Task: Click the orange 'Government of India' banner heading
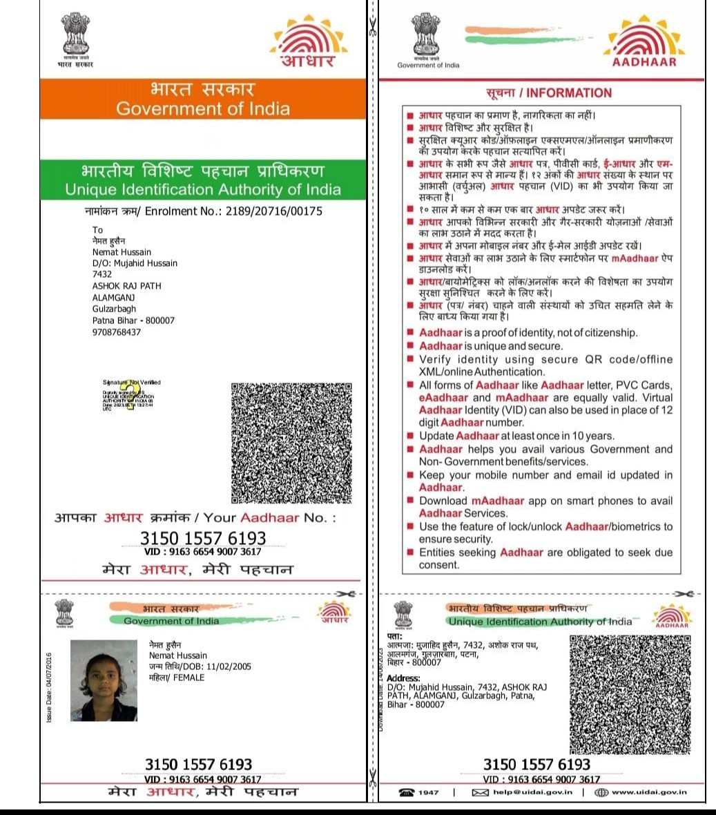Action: tap(203, 108)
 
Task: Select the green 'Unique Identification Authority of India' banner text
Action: tap(203, 189)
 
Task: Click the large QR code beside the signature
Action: tap(291, 443)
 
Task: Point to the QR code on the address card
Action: tap(630, 695)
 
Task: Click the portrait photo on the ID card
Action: tap(104, 680)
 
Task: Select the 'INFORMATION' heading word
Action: tap(569, 93)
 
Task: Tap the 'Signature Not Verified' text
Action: tap(131, 382)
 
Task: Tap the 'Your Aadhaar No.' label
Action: tap(269, 517)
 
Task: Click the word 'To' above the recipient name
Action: tap(97, 230)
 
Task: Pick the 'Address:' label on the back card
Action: tap(403, 679)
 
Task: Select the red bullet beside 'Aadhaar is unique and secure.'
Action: tap(410, 345)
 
